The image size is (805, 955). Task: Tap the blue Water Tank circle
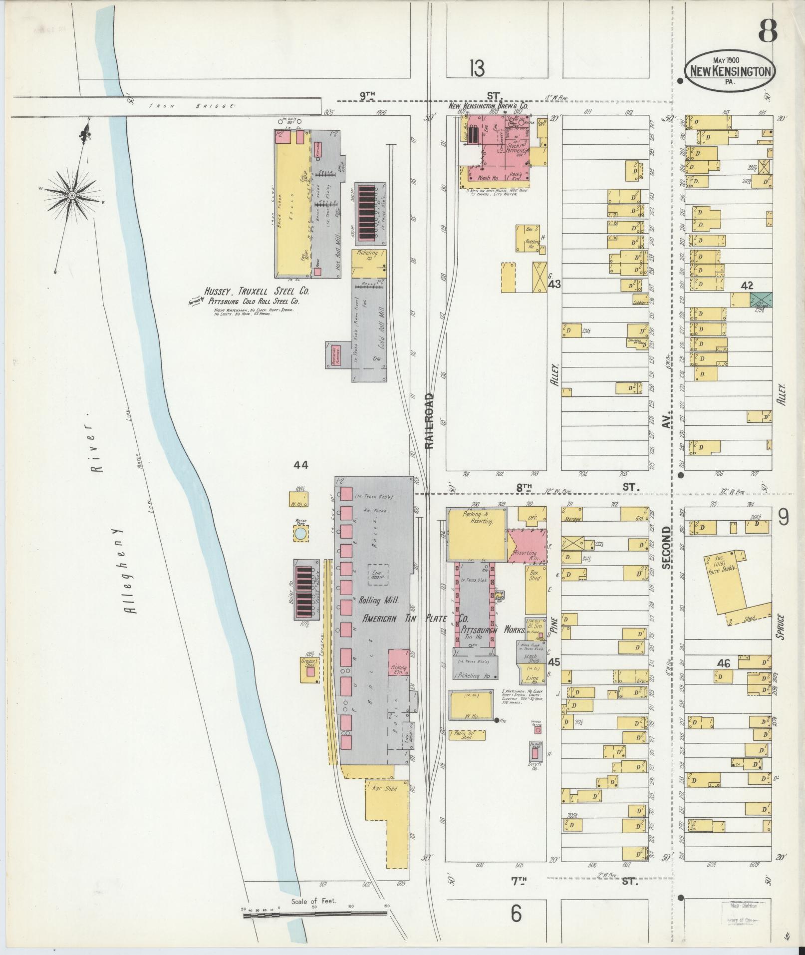coord(300,534)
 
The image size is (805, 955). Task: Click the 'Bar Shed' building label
coord(384,802)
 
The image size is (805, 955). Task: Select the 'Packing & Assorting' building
coord(477,534)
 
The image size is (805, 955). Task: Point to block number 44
coord(301,465)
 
